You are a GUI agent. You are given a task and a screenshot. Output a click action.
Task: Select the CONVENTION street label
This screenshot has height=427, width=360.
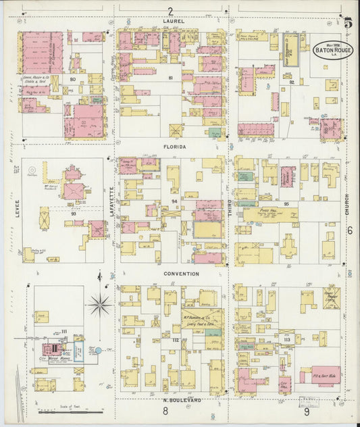[x=181, y=274]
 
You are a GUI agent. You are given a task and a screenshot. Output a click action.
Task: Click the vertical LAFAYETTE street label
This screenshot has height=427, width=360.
[x=112, y=201]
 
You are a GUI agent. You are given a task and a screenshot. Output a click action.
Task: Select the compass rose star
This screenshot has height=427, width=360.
[x=100, y=305]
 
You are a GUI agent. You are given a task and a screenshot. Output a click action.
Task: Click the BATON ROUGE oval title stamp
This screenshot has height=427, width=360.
[x=332, y=50]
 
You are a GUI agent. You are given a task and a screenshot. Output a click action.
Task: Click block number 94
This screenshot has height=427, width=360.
[x=174, y=201]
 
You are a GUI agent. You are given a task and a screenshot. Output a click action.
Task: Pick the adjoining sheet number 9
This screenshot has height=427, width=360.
[x=306, y=411]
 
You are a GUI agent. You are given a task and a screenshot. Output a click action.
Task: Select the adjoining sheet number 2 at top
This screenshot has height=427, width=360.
[x=171, y=11]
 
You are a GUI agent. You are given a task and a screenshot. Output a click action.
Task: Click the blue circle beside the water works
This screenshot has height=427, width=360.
[x=98, y=351]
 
